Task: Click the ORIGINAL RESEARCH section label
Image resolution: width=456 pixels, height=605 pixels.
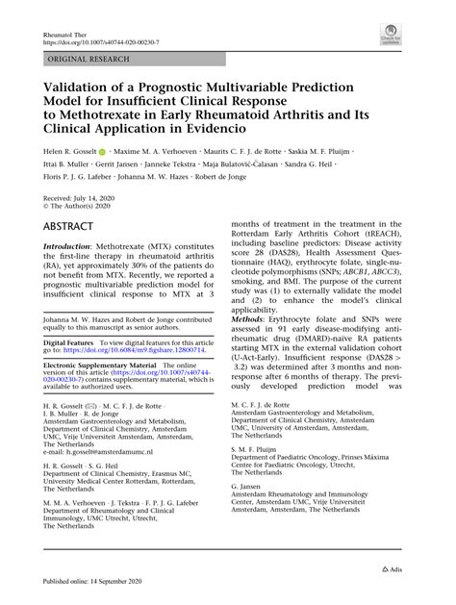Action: (83, 60)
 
